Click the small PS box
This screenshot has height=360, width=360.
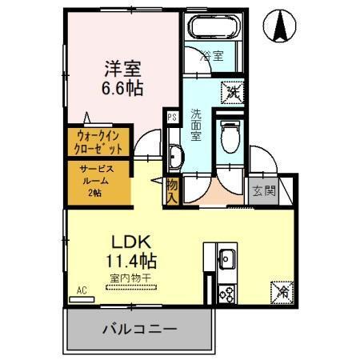coord(171,117)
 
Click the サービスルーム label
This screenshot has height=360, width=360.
coord(96,179)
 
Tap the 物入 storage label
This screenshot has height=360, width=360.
coord(172,190)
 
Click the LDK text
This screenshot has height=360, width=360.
coord(127,239)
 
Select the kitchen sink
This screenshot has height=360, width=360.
coord(226,259)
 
